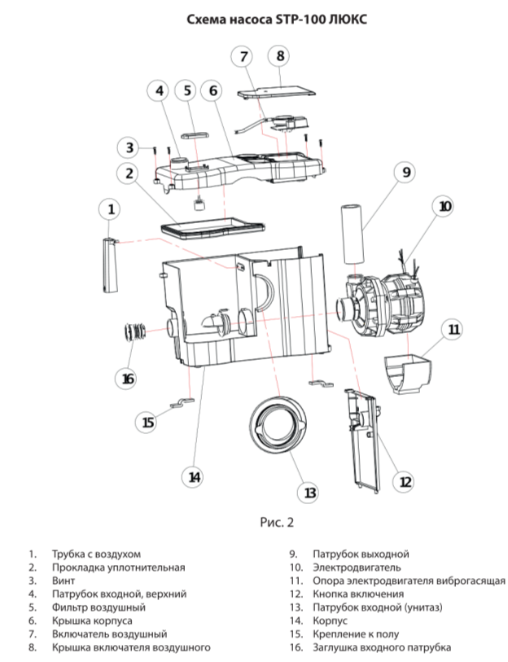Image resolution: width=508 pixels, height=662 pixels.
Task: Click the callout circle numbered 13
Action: pos(310,493)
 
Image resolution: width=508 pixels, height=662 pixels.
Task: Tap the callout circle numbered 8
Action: pos(280,55)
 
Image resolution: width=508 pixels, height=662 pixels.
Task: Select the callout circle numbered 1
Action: pos(111,209)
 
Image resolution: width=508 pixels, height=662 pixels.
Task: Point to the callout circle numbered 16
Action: pos(128,379)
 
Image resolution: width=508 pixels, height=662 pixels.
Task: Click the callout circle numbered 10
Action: pos(445,207)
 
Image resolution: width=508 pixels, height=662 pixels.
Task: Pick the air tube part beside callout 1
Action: pos(109,265)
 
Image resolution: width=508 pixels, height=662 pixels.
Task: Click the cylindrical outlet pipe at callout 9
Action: pos(352,234)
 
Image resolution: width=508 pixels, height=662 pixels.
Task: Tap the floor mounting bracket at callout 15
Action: pos(182,403)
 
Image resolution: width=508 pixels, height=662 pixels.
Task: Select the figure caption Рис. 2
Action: pos(277,523)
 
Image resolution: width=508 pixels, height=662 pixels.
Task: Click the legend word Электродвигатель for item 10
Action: pos(357,568)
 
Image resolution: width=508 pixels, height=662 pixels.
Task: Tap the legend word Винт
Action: pos(63,581)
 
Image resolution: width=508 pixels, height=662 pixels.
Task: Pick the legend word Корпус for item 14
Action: pos(330,621)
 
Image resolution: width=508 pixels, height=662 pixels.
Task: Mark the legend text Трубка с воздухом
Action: pos(96,554)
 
